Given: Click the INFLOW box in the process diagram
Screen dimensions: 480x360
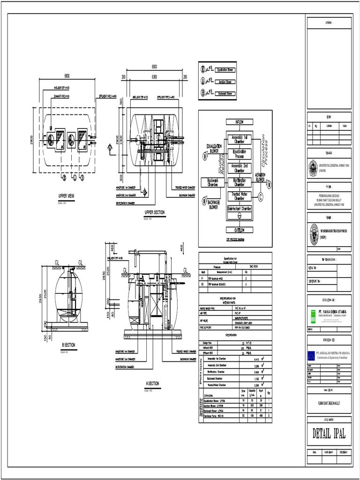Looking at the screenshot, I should pos(239,122).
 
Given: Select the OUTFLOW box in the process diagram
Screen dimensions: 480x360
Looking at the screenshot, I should pos(239,230).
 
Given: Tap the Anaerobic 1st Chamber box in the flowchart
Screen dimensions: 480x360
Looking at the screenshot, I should pos(239,139).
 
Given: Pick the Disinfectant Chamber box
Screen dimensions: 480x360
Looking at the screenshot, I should pos(239,208).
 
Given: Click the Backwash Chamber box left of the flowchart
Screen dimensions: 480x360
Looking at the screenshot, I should pos(213,182).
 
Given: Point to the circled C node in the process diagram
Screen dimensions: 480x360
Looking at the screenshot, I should pos(261,197).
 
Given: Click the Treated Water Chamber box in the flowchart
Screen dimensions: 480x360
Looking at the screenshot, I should pos(239,195).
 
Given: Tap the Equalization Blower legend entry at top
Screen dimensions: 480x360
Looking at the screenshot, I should pos(225,70).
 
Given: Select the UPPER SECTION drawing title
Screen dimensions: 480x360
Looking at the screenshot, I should pos(155,212).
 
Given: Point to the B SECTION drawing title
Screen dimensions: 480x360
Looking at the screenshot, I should pos(68,345).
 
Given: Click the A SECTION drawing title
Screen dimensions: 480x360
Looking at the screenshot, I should pos(152,383).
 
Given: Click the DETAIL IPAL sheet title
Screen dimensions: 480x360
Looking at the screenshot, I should pos(329,434).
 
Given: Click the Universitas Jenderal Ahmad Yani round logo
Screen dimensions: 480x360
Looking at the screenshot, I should pos(313,168).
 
